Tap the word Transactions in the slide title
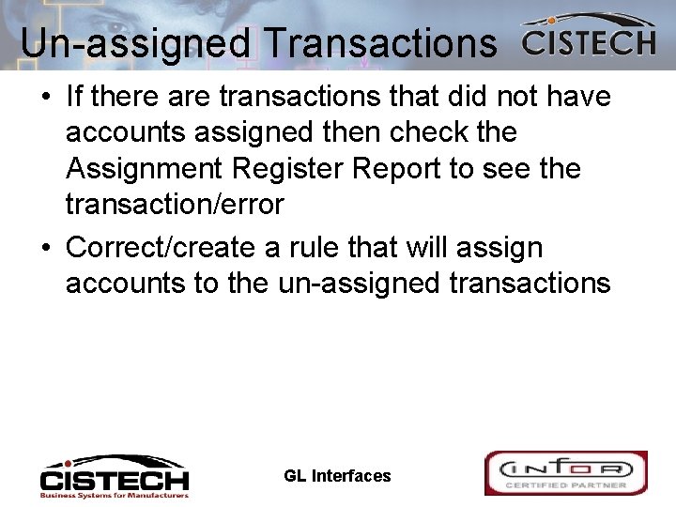tap(380, 44)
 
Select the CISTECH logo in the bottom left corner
tap(114, 476)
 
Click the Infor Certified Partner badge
tap(565, 473)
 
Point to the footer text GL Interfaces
tap(337, 476)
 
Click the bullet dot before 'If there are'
tap(47, 98)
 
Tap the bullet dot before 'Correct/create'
tap(47, 249)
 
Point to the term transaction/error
tap(175, 205)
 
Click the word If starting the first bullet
tap(76, 97)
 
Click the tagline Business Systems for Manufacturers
tap(114, 494)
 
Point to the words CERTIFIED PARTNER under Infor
tap(565, 484)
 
